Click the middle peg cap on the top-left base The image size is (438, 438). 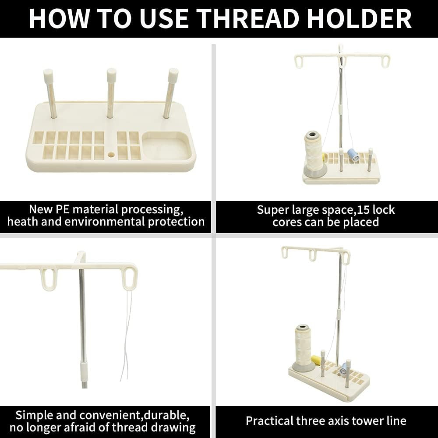[111, 74]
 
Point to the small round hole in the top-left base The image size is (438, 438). [111, 155]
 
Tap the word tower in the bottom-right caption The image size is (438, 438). [361, 421]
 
